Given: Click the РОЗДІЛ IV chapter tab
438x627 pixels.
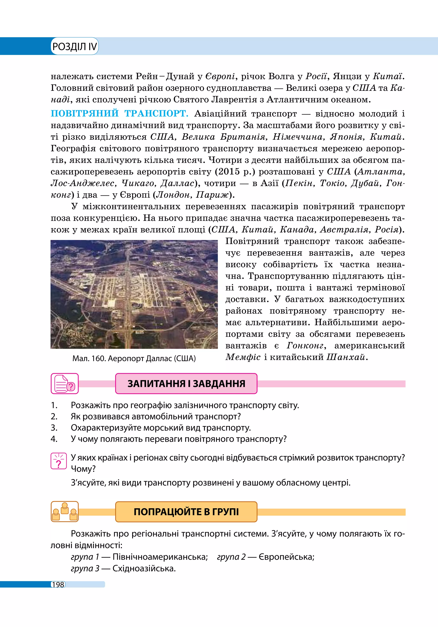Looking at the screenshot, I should (x=74, y=46).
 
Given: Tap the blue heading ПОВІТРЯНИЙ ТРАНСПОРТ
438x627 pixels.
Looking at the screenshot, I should (x=120, y=114).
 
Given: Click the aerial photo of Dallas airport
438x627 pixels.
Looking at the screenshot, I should (x=134, y=294).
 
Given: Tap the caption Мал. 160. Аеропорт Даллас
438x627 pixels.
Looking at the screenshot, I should (x=134, y=359).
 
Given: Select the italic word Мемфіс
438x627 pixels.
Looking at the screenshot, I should (x=243, y=357).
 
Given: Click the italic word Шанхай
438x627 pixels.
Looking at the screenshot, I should (x=346, y=357).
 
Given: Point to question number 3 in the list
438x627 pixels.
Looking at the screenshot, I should (x=54, y=428).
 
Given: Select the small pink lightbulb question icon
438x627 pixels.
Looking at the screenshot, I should (x=59, y=461).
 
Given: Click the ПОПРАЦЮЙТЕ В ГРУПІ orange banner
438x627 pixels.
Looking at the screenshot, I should (x=186, y=511).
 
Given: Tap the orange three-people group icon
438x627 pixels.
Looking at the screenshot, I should (x=65, y=511).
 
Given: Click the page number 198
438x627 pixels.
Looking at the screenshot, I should (x=58, y=585).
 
